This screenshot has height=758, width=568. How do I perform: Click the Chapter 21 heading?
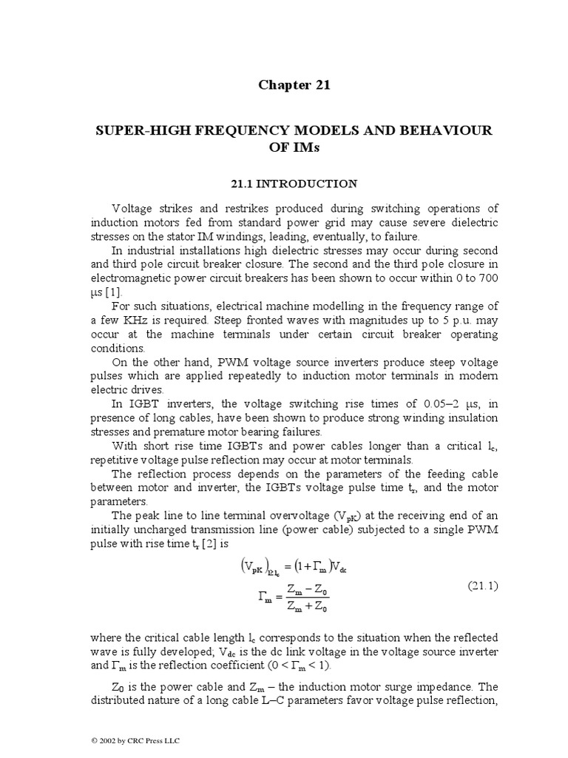tap(294, 84)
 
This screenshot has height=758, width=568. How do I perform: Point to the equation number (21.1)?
tap(484, 586)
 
